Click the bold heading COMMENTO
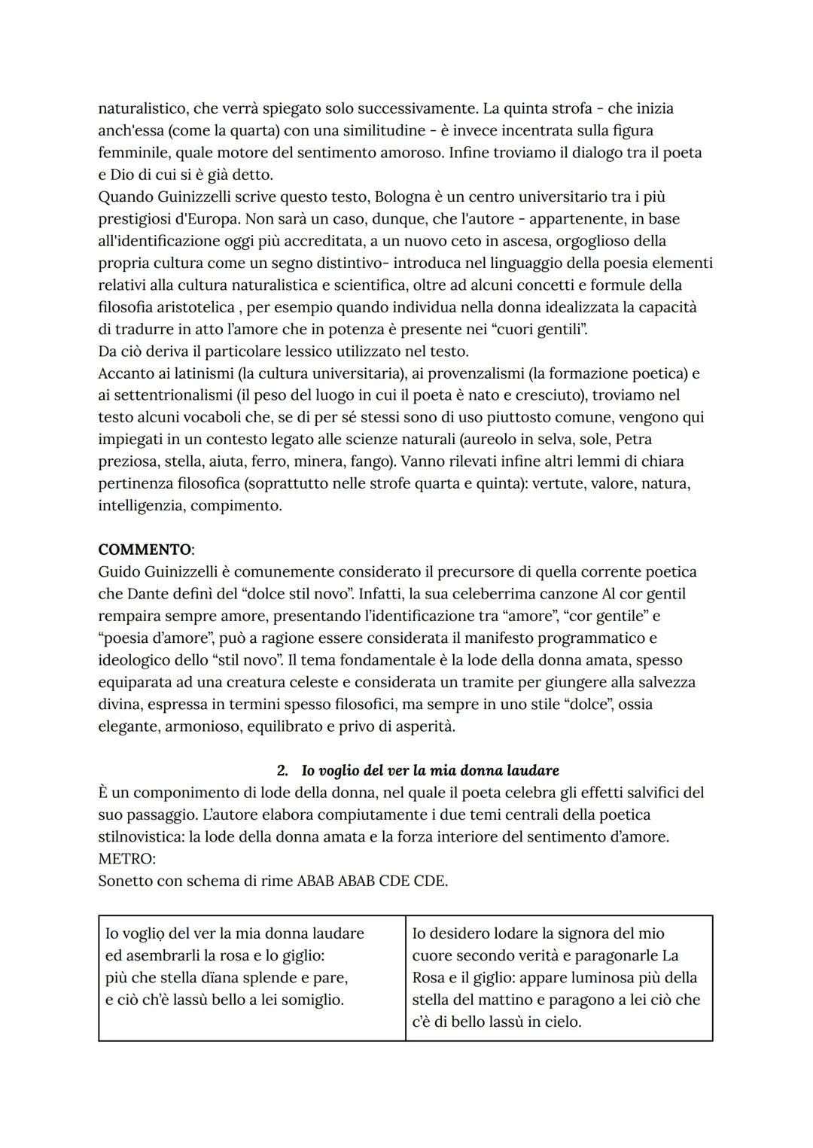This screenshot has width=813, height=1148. [x=145, y=550]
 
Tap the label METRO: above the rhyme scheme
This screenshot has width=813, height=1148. [x=126, y=859]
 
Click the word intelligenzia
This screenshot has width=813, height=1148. [x=142, y=506]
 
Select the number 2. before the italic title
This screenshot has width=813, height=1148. [x=283, y=771]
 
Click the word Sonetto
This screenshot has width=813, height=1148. [x=125, y=881]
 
